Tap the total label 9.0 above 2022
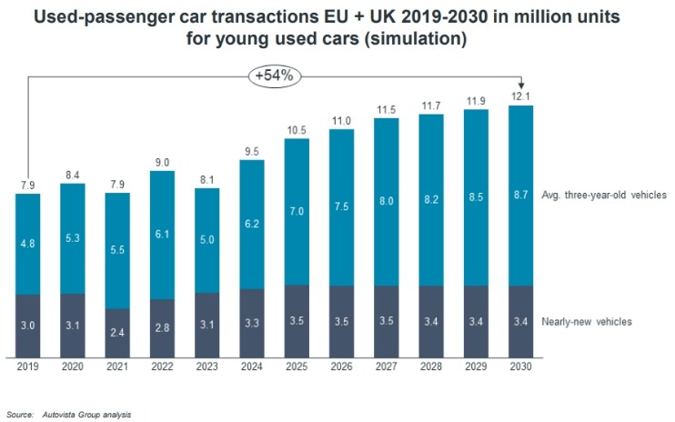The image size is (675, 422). (x=162, y=163)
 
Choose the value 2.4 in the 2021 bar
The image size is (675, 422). (x=117, y=332)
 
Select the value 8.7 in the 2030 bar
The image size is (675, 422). (x=520, y=196)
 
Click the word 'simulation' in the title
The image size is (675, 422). (x=423, y=40)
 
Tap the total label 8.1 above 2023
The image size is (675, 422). (x=207, y=180)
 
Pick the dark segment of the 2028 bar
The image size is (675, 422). (x=431, y=321)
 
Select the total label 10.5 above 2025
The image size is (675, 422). (x=297, y=131)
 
